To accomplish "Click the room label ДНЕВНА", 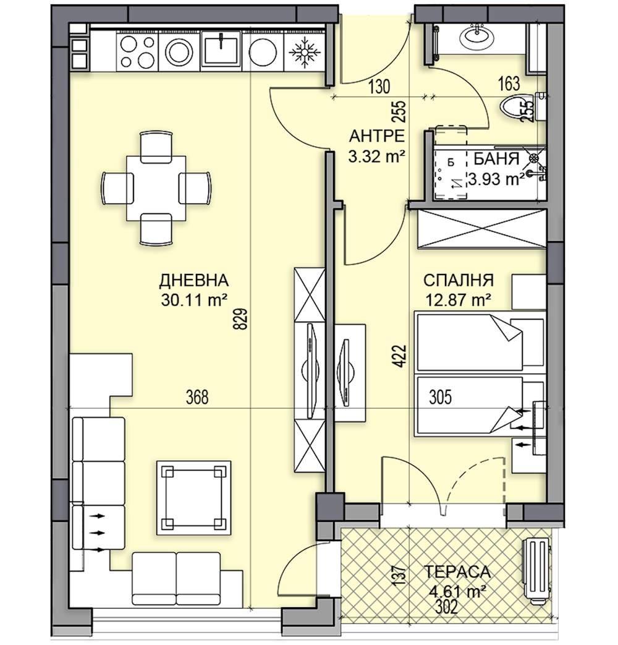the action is [x=193, y=281].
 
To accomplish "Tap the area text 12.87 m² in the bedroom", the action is [x=459, y=301].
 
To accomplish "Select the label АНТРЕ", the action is [x=376, y=136].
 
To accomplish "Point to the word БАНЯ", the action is [x=496, y=158].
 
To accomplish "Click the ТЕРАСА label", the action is [x=457, y=572].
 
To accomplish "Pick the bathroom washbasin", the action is [x=477, y=36].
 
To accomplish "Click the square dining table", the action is [x=156, y=188].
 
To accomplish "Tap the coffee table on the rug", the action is [x=193, y=497].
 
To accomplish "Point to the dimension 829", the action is [x=242, y=319].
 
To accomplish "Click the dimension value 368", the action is [x=197, y=398].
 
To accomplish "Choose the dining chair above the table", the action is [x=156, y=147].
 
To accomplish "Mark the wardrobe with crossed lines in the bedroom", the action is [x=481, y=229].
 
